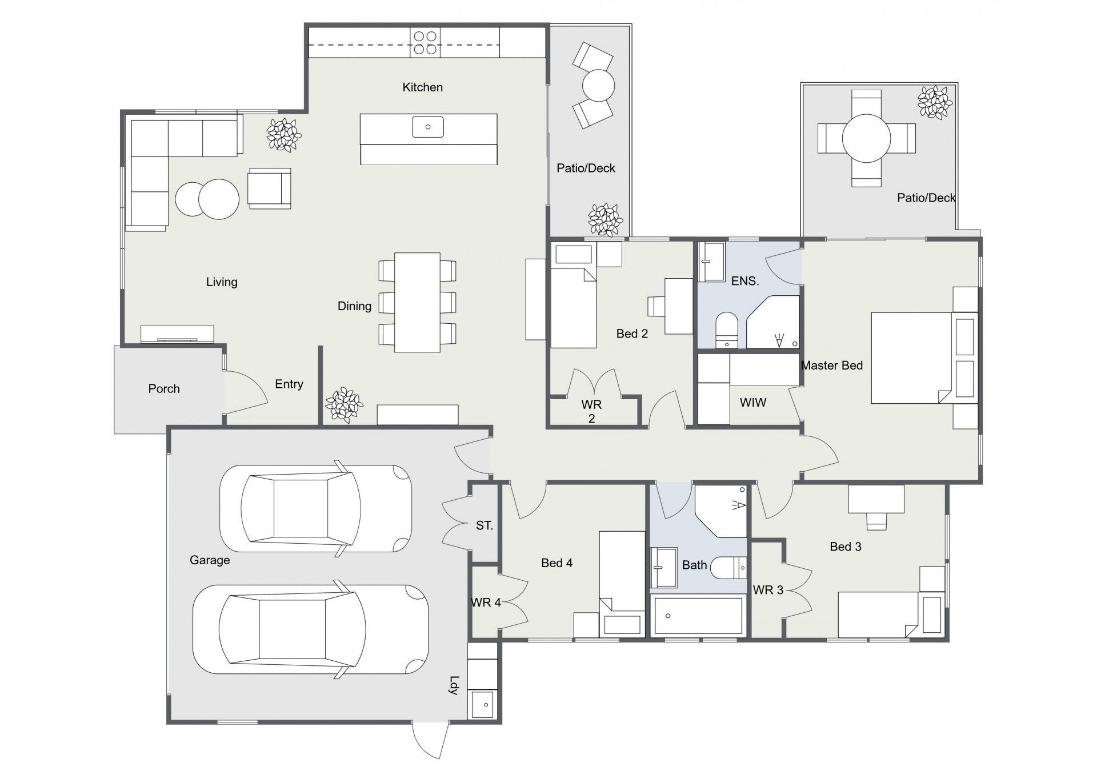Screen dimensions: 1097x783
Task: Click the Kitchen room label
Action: coord(422,87)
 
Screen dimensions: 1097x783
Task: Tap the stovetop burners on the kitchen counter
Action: coord(425,43)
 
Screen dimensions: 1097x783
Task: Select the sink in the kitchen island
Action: coord(428,127)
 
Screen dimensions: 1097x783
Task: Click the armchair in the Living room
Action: coord(269,188)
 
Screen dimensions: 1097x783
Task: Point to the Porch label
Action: coord(164,389)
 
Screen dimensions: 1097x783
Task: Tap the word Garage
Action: coord(210,560)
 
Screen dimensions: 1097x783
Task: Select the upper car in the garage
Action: coord(315,508)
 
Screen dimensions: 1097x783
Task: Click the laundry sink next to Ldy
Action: coord(482,704)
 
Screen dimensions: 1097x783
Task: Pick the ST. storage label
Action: coord(485,525)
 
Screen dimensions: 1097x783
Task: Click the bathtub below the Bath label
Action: coord(698,616)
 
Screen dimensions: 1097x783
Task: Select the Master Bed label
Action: coord(831,366)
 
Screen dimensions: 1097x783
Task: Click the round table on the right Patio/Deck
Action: coord(866,138)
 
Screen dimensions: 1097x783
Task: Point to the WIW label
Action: coord(753,403)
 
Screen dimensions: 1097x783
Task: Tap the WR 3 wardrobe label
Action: coord(768,590)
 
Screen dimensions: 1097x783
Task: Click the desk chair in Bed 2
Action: coord(655,306)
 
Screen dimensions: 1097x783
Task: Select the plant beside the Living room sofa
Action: coord(283,135)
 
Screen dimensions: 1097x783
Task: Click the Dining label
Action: coord(354,306)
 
